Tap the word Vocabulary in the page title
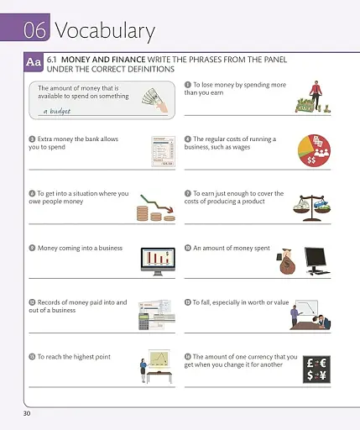pyautogui.click(x=105, y=32)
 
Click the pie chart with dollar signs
pyautogui.click(x=314, y=149)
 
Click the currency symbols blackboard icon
pyautogui.click(x=316, y=370)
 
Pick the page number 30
pyautogui.click(x=29, y=413)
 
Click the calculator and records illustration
pyautogui.click(x=156, y=314)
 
